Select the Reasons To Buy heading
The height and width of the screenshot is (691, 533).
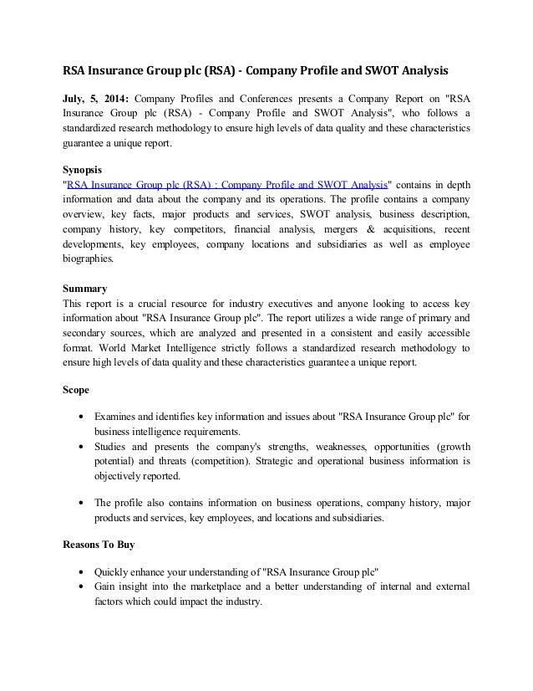(x=99, y=545)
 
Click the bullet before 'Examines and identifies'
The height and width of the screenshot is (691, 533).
(x=80, y=417)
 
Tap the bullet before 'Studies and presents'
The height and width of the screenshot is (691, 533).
(x=80, y=446)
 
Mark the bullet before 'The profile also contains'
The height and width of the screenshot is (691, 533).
(x=80, y=503)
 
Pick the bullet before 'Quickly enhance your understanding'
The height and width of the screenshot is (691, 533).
(x=80, y=572)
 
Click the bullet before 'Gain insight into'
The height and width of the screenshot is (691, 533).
(x=80, y=587)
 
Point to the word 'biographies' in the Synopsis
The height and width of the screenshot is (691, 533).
(x=91, y=259)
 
